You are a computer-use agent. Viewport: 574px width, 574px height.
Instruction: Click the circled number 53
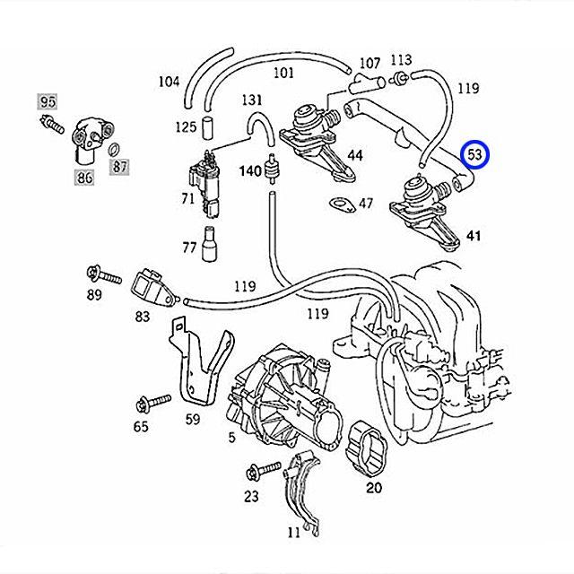(475, 155)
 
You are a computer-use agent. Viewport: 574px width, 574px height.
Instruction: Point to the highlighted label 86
(85, 178)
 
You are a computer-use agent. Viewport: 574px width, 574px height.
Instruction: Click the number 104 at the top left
(169, 82)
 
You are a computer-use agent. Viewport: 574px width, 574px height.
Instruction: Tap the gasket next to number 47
(342, 205)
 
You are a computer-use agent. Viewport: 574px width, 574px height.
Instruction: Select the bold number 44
(355, 155)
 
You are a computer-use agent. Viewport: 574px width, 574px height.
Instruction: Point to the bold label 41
(474, 237)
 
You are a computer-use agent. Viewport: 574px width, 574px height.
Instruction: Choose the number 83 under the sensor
(143, 316)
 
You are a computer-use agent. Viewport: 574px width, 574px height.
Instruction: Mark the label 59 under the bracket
(193, 417)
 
